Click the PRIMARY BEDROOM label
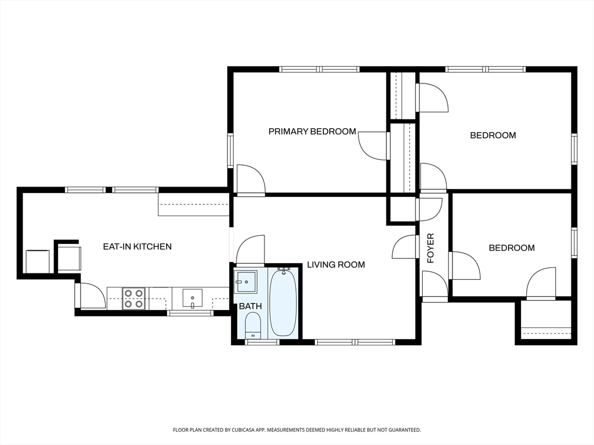point(312,132)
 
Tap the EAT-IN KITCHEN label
point(137,246)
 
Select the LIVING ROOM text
point(336,264)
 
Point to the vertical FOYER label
point(430,248)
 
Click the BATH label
point(250,306)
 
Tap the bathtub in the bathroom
point(282,302)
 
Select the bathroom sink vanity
point(245,282)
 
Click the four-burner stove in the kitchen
point(133,298)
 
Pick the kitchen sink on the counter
point(193,298)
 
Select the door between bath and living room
point(250,250)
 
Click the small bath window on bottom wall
point(262,342)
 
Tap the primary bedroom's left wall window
point(230,150)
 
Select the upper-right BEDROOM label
point(493,135)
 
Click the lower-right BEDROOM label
point(512,248)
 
